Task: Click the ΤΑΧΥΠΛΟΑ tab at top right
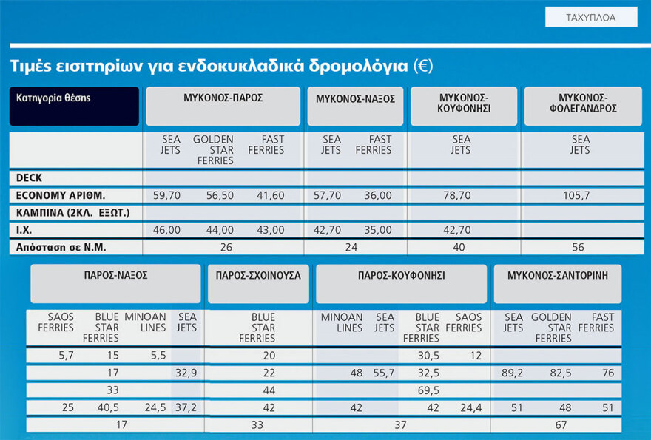point(590,17)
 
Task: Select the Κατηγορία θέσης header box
point(74,106)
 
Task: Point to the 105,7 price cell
point(580,195)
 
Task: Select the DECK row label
point(30,178)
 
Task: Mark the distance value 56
point(578,247)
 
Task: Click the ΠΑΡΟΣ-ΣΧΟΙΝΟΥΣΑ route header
point(258,275)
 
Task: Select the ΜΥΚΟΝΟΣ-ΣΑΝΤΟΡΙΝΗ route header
point(558,275)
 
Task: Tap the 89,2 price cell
point(513,373)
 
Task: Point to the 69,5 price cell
point(428,390)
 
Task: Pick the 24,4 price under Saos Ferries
point(470,407)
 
